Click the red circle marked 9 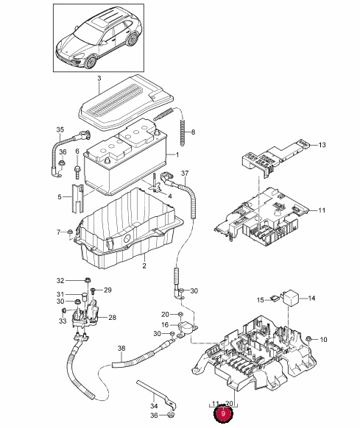[223, 413]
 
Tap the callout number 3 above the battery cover [99, 79]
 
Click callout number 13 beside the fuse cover [322, 145]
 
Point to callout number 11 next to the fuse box [322, 210]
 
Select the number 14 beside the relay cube [311, 298]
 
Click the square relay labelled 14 [291, 298]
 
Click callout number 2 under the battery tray [144, 265]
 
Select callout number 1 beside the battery [177, 155]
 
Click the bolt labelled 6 [77, 171]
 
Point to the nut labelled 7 [70, 232]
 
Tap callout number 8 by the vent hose [194, 132]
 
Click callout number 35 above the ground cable [60, 129]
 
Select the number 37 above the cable [185, 174]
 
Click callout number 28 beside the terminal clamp [112, 318]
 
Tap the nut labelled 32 [88, 279]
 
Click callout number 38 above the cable [121, 349]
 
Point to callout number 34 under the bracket [154, 406]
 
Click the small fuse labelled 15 [274, 298]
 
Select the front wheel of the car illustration [91, 62]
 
